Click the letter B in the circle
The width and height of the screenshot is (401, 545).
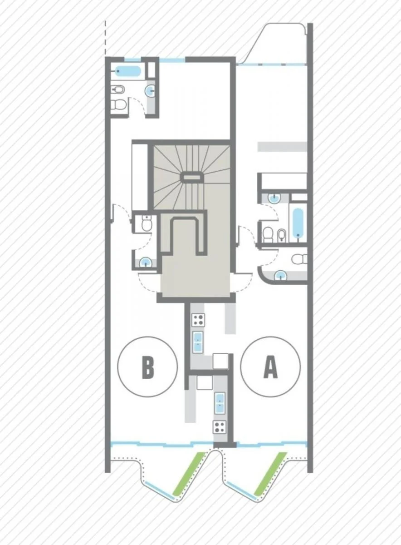(148, 367)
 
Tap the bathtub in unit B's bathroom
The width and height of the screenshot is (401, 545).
(128, 71)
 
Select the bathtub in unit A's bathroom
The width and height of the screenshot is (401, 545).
(298, 223)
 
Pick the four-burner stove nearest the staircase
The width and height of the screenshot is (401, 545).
(198, 320)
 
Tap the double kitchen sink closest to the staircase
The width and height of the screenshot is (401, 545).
(198, 342)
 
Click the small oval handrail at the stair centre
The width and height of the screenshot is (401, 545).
(191, 177)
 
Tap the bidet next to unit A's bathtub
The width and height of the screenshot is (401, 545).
(282, 235)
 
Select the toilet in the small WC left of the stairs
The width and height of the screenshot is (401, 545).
(147, 223)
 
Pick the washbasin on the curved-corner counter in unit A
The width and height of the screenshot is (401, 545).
(281, 276)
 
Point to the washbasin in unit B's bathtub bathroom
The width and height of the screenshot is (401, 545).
(150, 91)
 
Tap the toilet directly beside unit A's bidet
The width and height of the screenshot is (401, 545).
(268, 235)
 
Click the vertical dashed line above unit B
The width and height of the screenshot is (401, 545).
(106, 38)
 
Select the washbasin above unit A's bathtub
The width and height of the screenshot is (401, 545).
(275, 198)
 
